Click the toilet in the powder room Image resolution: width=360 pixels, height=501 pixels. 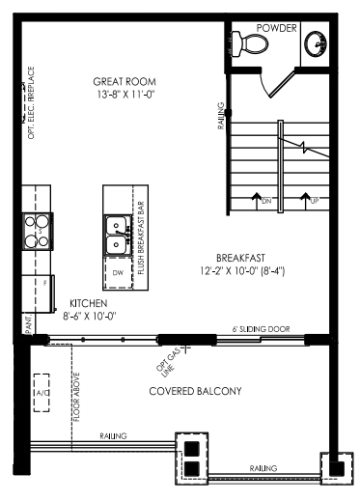(x=249, y=44)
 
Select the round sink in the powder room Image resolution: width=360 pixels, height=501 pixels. (x=316, y=44)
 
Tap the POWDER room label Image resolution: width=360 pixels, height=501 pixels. (x=276, y=28)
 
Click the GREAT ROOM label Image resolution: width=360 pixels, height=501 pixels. (x=125, y=81)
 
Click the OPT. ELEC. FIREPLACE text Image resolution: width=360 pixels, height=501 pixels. (x=31, y=102)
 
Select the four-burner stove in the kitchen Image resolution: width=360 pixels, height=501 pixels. (x=38, y=232)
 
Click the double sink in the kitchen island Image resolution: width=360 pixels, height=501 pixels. (x=117, y=236)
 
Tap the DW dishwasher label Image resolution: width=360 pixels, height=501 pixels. (x=118, y=273)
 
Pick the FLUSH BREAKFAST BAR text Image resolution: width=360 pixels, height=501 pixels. (x=141, y=237)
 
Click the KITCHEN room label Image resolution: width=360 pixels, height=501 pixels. (x=89, y=303)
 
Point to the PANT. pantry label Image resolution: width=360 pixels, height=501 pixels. (x=29, y=325)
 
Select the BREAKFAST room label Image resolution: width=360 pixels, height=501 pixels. (x=240, y=258)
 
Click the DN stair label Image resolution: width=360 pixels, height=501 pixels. (x=266, y=202)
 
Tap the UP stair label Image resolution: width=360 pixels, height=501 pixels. (x=315, y=202)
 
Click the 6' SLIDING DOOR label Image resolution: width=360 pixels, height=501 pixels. (x=261, y=329)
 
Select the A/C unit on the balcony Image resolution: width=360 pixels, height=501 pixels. (x=42, y=393)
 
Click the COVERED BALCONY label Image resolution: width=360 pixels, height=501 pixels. (x=195, y=391)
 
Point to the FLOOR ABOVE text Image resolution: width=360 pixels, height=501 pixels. (x=76, y=398)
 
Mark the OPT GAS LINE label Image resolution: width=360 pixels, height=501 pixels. (x=167, y=364)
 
